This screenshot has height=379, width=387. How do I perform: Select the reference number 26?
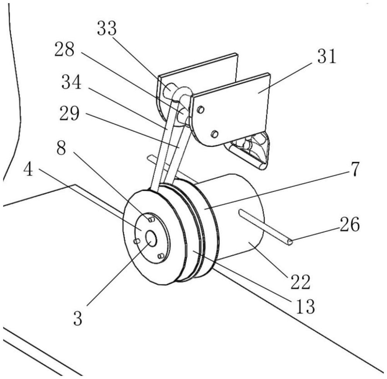click(x=349, y=225)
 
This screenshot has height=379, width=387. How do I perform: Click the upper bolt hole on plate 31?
click(x=200, y=110)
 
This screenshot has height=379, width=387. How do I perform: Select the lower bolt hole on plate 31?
click(x=215, y=134)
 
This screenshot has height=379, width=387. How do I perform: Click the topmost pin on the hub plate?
click(x=151, y=219)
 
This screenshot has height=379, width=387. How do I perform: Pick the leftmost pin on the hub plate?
click(x=137, y=241)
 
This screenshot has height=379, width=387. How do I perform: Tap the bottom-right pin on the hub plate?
click(x=161, y=256)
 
